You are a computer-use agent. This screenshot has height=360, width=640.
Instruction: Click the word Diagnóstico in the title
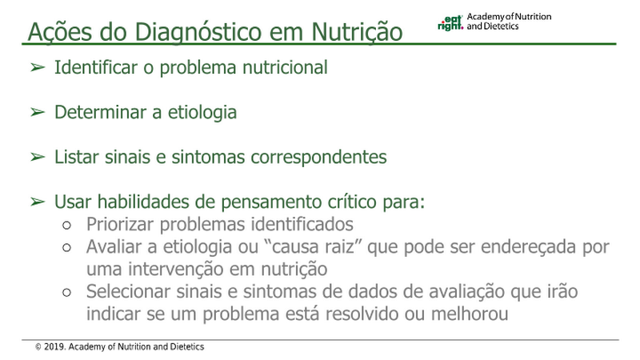click(198, 32)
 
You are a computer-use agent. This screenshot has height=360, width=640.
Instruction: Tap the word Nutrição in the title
click(357, 32)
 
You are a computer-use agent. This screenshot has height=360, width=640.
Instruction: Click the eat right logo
click(450, 23)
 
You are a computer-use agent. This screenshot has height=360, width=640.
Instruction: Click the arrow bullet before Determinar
click(37, 112)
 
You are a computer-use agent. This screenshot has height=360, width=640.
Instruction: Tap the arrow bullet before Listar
click(37, 157)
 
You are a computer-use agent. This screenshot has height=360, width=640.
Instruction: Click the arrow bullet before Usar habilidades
click(37, 202)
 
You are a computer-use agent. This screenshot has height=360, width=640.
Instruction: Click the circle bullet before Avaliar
click(67, 247)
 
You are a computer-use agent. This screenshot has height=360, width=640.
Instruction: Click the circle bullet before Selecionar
click(67, 292)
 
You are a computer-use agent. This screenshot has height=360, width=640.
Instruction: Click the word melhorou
click(470, 314)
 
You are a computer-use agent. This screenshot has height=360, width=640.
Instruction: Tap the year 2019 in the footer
click(54, 347)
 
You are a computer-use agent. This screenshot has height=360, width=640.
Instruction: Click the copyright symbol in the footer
click(38, 347)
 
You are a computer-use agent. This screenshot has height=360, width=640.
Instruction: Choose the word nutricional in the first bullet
click(285, 67)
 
